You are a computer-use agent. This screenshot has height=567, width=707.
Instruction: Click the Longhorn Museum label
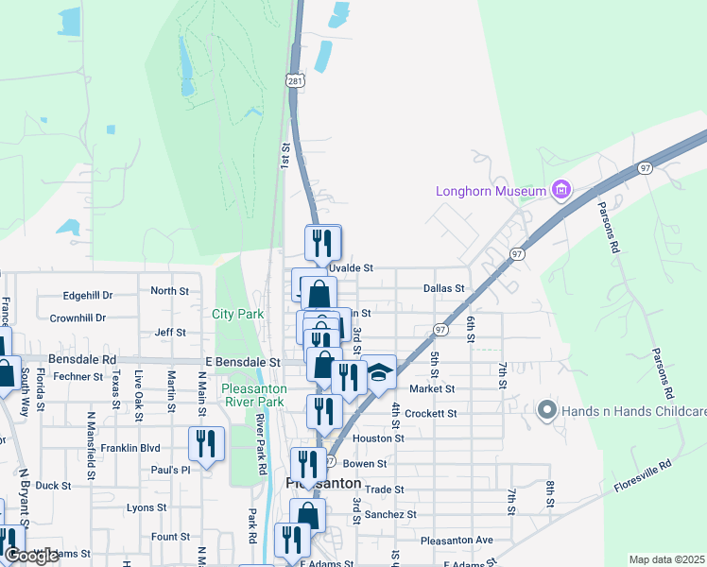pyautogui.click(x=491, y=191)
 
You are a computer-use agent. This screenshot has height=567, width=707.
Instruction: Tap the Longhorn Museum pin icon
pyautogui.click(x=561, y=191)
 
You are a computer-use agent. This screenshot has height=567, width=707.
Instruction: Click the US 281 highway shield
pyautogui.click(x=296, y=80)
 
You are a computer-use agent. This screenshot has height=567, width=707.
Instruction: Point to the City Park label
pyautogui.click(x=237, y=314)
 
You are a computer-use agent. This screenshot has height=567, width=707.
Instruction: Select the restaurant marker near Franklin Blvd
pyautogui.click(x=205, y=442)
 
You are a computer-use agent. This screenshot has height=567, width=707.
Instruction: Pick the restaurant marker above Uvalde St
pyautogui.click(x=322, y=242)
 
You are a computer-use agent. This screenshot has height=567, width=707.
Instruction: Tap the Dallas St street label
pyautogui.click(x=444, y=288)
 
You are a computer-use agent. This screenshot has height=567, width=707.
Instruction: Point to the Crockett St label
pyautogui.click(x=430, y=414)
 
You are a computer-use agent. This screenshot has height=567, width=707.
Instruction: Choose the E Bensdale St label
pyautogui.click(x=244, y=362)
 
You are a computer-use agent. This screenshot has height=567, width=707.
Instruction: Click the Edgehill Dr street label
pyautogui.click(x=88, y=295)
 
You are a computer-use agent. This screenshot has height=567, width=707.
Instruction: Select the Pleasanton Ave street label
pyautogui.click(x=457, y=540)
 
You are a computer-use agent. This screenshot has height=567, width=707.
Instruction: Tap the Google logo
pyautogui.click(x=31, y=556)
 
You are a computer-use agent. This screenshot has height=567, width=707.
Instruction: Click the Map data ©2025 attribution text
pyautogui.click(x=666, y=559)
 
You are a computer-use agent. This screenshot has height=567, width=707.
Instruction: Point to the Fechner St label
pyautogui.click(x=78, y=376)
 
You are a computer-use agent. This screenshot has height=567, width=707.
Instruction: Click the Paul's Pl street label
pyautogui.click(x=171, y=470)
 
